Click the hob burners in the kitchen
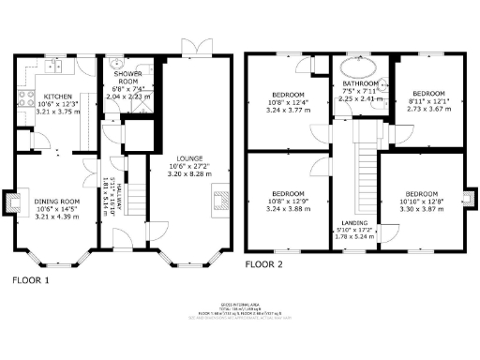25,98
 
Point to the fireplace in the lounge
221,200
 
